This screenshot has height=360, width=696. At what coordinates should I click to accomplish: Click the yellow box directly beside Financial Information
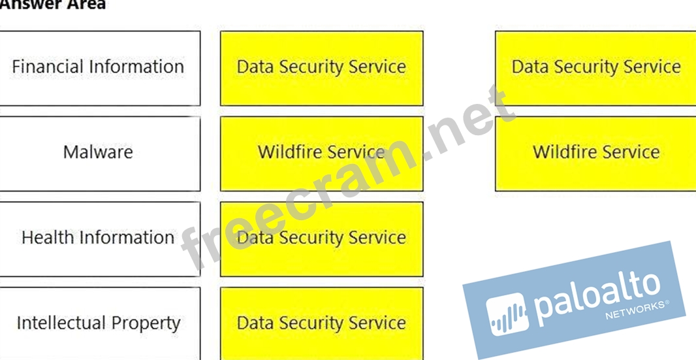[x=321, y=67]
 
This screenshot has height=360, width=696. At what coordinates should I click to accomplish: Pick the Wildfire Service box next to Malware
[x=321, y=153]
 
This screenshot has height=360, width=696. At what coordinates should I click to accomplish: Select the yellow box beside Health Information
[x=321, y=238]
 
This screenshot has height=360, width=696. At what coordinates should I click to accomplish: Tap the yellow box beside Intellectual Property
[x=321, y=323]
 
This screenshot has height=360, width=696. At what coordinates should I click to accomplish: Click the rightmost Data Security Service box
[x=595, y=67]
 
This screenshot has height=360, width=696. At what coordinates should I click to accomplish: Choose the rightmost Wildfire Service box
[x=595, y=153]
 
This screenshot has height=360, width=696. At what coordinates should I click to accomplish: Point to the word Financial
[x=47, y=67]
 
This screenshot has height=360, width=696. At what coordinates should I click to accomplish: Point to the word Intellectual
[x=61, y=323]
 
